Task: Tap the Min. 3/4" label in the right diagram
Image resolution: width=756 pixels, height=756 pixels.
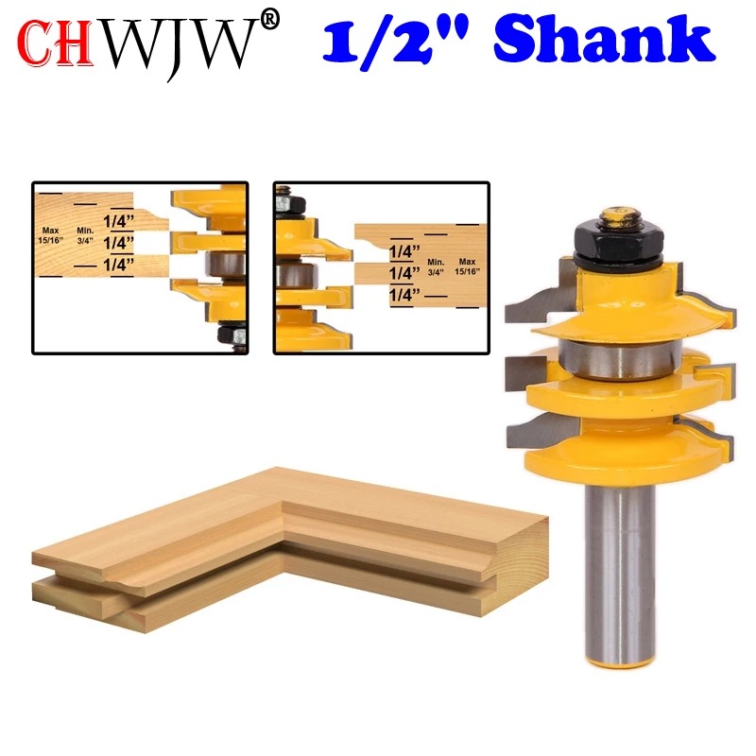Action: [x=436, y=266]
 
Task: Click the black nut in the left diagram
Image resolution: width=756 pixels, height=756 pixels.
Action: [x=232, y=333]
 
